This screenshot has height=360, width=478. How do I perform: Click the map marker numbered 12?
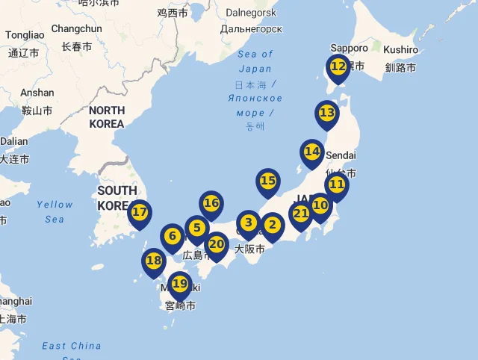338,67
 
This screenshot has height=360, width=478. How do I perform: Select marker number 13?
327,114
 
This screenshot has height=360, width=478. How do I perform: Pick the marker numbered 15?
268,181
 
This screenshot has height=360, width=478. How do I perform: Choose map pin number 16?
211,203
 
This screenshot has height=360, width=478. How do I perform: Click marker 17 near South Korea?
140,212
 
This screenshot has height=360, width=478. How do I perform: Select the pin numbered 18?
154,261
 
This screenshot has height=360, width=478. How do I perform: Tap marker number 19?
180,284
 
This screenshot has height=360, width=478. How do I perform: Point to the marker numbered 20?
217,243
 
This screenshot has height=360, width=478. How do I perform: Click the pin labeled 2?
272,225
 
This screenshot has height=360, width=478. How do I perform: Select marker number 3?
249,223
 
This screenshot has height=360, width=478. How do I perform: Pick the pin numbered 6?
173,237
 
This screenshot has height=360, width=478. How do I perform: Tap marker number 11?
337,184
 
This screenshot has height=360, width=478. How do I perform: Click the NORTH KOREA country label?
106,117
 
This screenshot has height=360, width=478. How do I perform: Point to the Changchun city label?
76,29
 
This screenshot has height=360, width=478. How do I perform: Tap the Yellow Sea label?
55,211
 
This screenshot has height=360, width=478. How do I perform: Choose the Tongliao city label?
25,35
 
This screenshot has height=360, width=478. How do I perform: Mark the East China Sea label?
72,347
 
